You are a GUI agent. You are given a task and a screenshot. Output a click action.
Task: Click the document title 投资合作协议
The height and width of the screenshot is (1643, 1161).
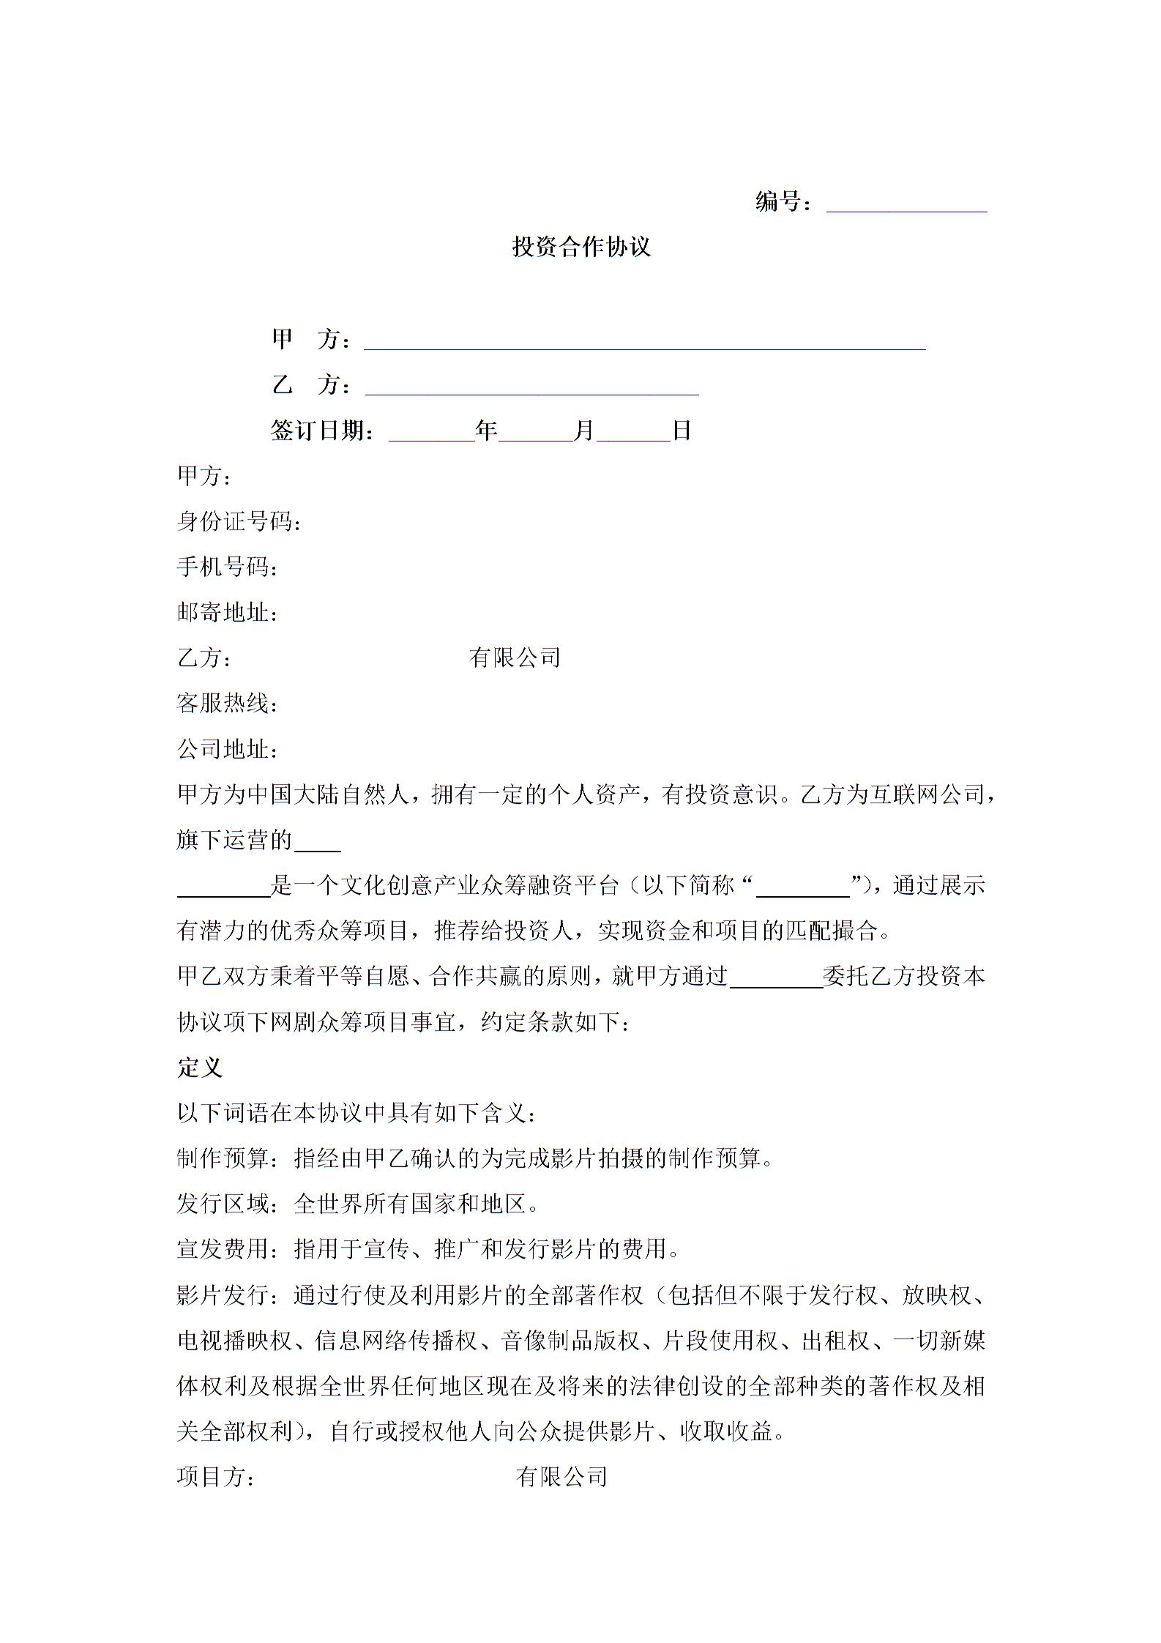pyautogui.click(x=580, y=247)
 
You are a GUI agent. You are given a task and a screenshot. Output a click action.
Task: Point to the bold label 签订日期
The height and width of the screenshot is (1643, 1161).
pyautogui.click(x=322, y=431)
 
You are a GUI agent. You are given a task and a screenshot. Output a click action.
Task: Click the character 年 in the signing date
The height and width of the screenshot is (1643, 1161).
pyautogui.click(x=486, y=431)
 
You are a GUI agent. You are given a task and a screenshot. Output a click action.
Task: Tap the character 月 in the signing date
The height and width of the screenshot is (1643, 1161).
pyautogui.click(x=583, y=431)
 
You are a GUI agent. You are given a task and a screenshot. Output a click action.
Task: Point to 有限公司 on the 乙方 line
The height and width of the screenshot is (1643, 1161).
pyautogui.click(x=515, y=658)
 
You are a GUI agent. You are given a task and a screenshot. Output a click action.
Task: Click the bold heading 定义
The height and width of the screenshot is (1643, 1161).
pyautogui.click(x=200, y=1068)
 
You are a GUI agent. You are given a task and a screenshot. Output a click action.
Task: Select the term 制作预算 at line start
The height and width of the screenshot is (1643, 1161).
pyautogui.click(x=223, y=1158)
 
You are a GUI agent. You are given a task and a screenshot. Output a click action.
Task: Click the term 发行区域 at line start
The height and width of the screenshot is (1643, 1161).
pyautogui.click(x=223, y=1204)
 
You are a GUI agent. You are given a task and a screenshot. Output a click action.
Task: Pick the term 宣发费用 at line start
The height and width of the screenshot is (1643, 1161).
pyautogui.click(x=223, y=1249)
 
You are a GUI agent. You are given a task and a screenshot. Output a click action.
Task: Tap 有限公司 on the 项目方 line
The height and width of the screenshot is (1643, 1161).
pyautogui.click(x=561, y=1477)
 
